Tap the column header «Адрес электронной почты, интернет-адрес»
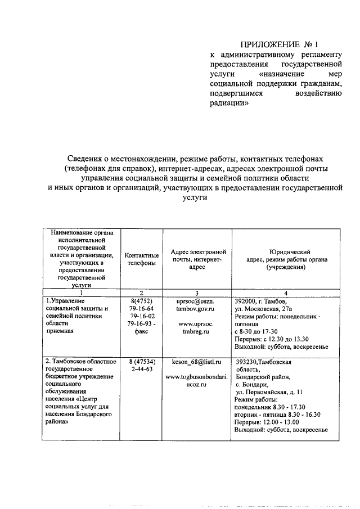click(194, 259)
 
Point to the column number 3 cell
click(194, 292)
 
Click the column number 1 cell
click(81, 292)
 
